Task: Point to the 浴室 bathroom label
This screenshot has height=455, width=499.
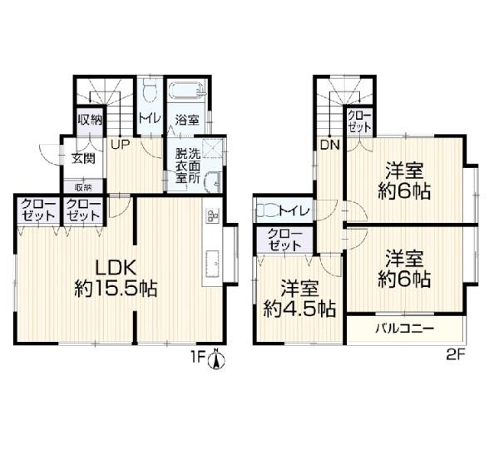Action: coord(186,119)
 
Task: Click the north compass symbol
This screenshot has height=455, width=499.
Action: coord(215,359)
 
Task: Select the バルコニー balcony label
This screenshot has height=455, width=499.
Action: coord(404,329)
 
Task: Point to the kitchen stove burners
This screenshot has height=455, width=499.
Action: coord(210,215)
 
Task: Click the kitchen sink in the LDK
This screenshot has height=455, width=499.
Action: coord(209,264)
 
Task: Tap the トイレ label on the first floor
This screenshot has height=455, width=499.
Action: coord(150,119)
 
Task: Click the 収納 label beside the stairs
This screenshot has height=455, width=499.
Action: coord(90,120)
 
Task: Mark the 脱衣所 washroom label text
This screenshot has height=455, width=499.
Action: coord(187,165)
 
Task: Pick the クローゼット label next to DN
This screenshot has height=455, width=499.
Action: coord(359,121)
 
